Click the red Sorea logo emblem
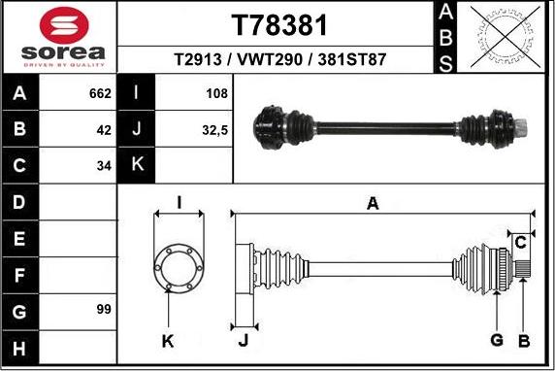[x=64, y=25]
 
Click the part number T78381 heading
[x=279, y=25]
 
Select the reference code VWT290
[x=270, y=59]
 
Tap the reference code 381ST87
[x=352, y=59]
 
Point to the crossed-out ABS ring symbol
[x=506, y=37]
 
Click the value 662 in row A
[x=100, y=93]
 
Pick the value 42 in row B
[x=104, y=130]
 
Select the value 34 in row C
[x=104, y=166]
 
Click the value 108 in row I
[x=216, y=93]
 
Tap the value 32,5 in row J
[x=214, y=130]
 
